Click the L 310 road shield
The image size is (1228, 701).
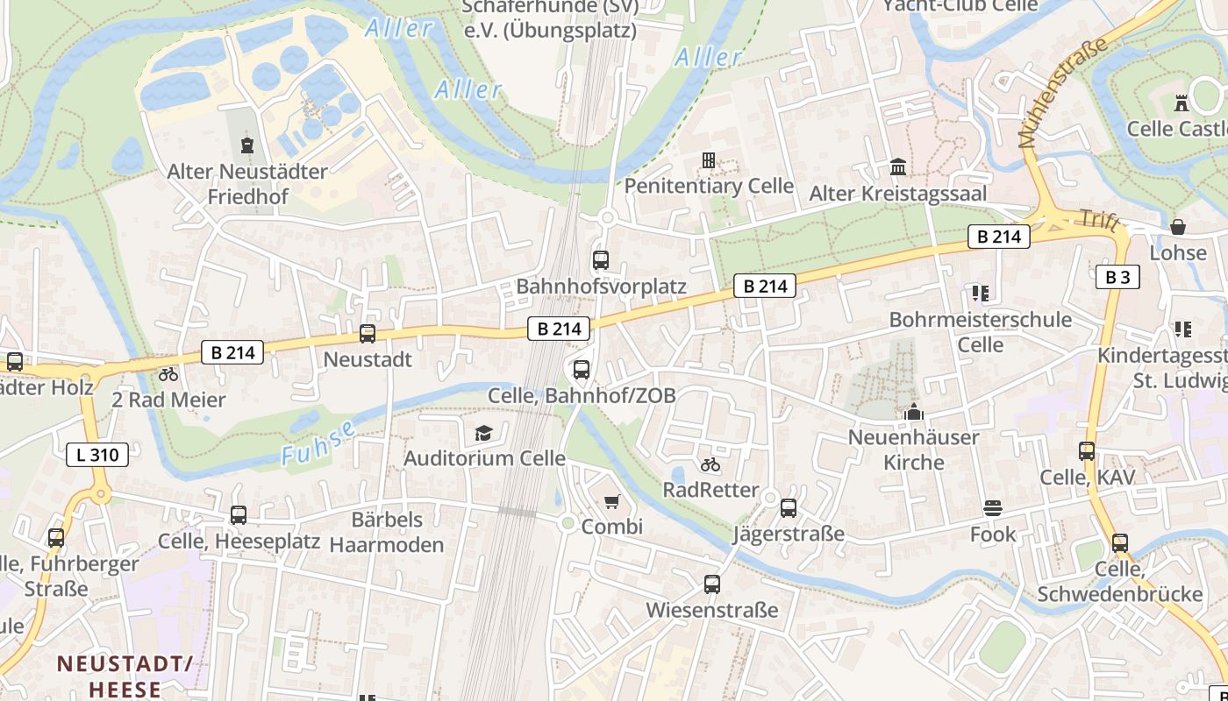point(97,455)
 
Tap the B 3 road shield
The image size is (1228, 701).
point(1117,278)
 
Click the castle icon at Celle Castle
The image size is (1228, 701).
point(1182,103)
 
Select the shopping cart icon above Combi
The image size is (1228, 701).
point(612,502)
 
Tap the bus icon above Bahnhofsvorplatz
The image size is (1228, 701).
point(601,260)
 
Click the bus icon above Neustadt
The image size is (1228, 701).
point(368,334)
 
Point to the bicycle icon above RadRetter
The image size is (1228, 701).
point(710,464)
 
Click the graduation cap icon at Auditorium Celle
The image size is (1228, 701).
point(483,433)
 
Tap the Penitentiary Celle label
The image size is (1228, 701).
point(709,186)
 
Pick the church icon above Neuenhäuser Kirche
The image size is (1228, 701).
point(914,411)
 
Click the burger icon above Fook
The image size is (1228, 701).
point(993,508)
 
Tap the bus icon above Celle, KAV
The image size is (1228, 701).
point(1087,451)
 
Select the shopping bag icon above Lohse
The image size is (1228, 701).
point(1178,227)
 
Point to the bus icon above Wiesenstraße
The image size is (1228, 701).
point(712,584)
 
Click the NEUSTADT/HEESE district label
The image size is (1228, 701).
point(125,676)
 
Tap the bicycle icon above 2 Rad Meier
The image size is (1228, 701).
point(168,374)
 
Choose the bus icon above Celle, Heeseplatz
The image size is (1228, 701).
point(239,515)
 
